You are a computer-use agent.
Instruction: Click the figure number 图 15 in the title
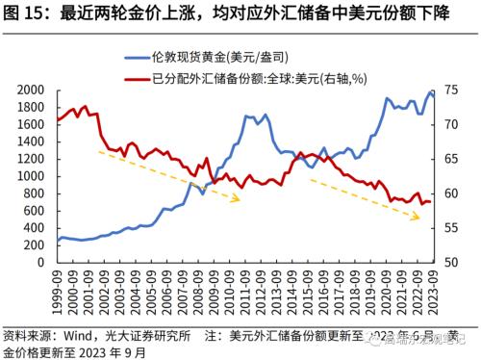pos(27,13)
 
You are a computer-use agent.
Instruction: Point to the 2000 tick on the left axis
pos(33,90)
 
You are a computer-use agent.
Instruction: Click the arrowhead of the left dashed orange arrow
pos(240,199)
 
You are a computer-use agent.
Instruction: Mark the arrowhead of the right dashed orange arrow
pos(419,219)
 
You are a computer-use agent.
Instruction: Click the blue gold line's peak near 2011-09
pos(248,116)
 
